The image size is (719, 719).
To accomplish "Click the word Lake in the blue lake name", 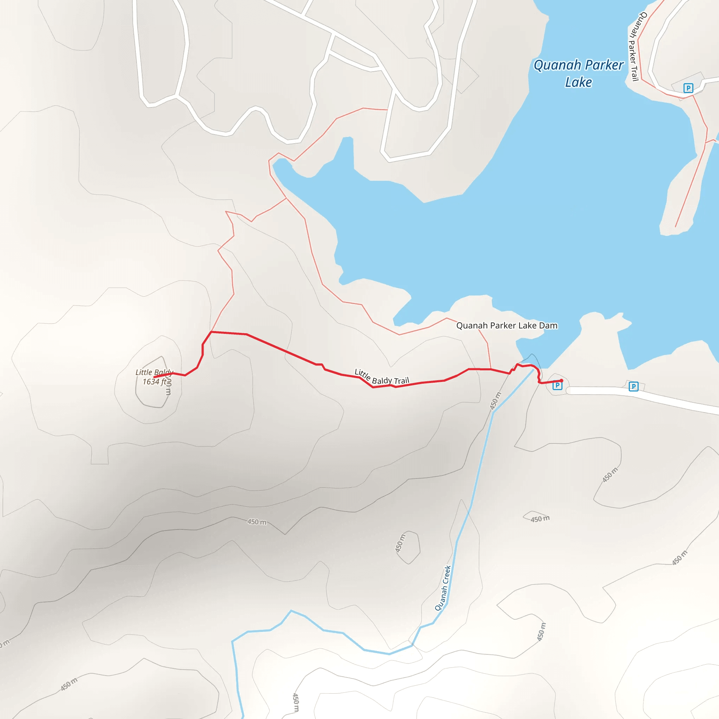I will click(x=578, y=82).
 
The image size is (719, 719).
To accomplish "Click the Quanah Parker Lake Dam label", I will click(x=507, y=326).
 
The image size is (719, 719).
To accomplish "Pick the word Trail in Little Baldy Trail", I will click(x=401, y=381).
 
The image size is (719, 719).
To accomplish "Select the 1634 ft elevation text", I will click(x=154, y=382).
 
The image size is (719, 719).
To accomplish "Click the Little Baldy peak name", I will click(x=154, y=372).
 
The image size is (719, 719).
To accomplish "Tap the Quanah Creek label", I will click(x=443, y=588).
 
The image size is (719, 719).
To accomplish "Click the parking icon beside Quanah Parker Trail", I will click(x=688, y=88).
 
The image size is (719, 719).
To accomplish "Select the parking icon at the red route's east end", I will click(x=557, y=385).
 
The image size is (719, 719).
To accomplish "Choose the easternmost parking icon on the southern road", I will click(x=633, y=386).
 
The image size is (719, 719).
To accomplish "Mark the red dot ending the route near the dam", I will click(x=562, y=380).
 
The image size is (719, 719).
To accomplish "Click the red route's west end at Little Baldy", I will click(x=154, y=377).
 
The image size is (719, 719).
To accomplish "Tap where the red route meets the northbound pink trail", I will click(x=211, y=331).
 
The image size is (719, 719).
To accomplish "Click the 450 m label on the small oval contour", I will click(x=401, y=543).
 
